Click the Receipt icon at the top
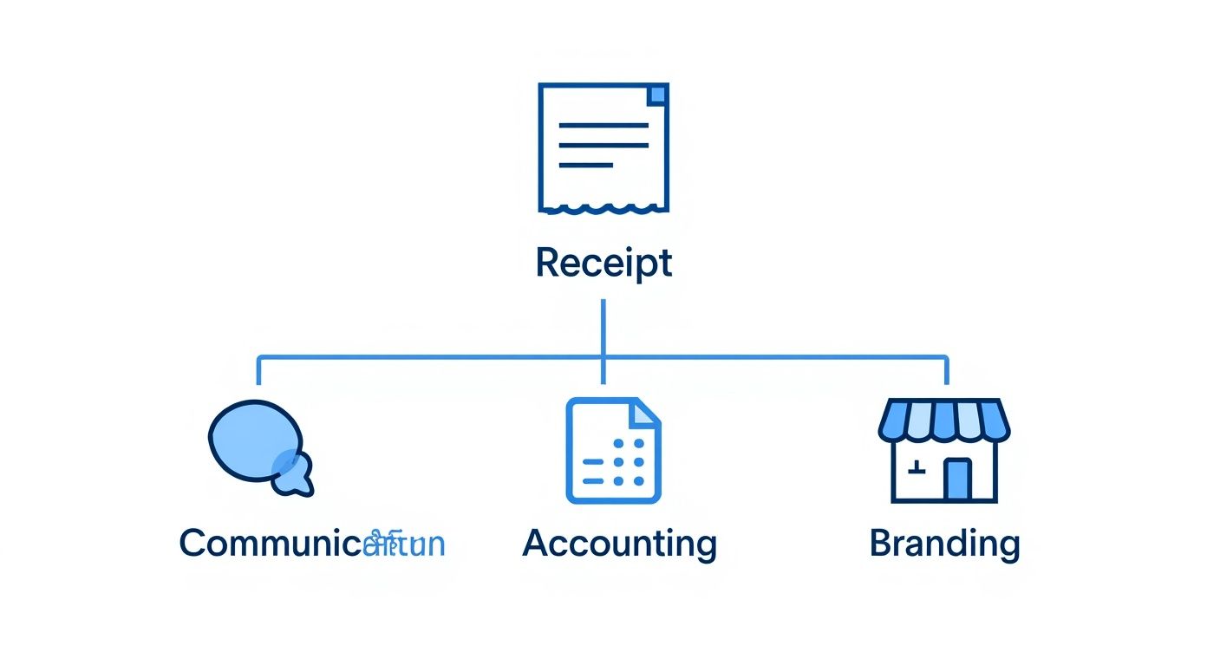pos(603,147)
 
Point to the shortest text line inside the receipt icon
pos(586,165)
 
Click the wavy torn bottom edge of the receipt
pos(603,208)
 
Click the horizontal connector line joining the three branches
pos(434,355)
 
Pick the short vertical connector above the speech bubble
pos(258,370)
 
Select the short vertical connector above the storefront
pos(946,370)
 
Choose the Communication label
pos(312,544)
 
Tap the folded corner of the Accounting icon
pos(644,413)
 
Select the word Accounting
pos(620,544)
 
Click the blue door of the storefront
pos(957,479)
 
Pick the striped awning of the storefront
pos(944,420)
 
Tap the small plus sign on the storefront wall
pos(916,470)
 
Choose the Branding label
pos(944,544)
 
